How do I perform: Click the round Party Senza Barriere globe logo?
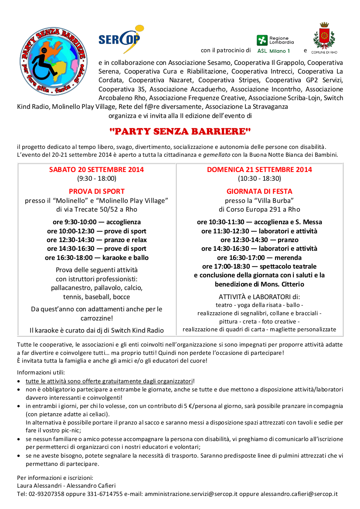(53, 56)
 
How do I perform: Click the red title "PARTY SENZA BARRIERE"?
(180, 131)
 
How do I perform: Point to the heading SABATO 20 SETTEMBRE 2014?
(96, 169)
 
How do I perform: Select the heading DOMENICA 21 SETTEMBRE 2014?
(259, 169)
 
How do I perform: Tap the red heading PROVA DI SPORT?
(96, 191)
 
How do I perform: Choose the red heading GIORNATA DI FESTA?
(259, 191)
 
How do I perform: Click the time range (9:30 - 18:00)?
(96, 178)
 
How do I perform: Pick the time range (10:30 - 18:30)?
(259, 178)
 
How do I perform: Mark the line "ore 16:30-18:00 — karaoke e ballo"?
(96, 258)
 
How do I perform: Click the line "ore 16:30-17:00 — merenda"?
(259, 258)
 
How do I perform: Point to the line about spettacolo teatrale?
(259, 266)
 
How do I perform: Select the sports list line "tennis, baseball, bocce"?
(96, 297)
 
